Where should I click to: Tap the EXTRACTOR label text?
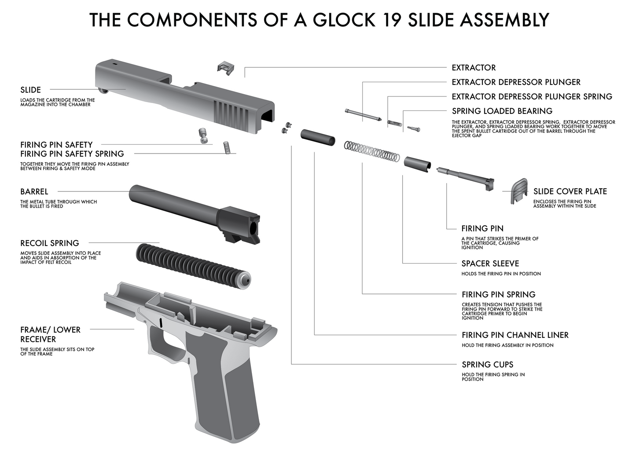click(x=474, y=68)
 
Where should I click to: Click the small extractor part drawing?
click(x=225, y=67)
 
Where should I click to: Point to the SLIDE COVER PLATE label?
click(x=570, y=191)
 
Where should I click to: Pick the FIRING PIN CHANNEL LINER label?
click(x=515, y=335)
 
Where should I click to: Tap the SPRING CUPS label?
click(x=487, y=365)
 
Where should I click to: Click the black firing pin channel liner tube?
click(x=317, y=137)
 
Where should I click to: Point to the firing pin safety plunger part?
click(x=203, y=135)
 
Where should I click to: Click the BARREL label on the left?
click(x=34, y=192)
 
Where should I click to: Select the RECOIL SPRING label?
click(x=50, y=243)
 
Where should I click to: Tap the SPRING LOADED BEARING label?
click(x=502, y=111)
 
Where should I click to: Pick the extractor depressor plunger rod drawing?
click(x=363, y=115)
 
